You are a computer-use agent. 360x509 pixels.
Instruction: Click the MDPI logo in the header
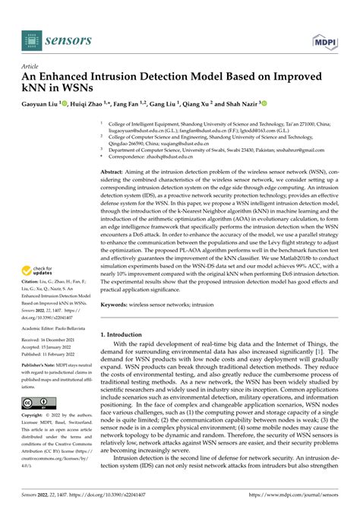(x=321, y=36)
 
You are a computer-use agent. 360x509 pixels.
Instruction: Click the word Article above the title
(x=31, y=66)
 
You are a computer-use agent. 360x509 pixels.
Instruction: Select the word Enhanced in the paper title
(x=70, y=77)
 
